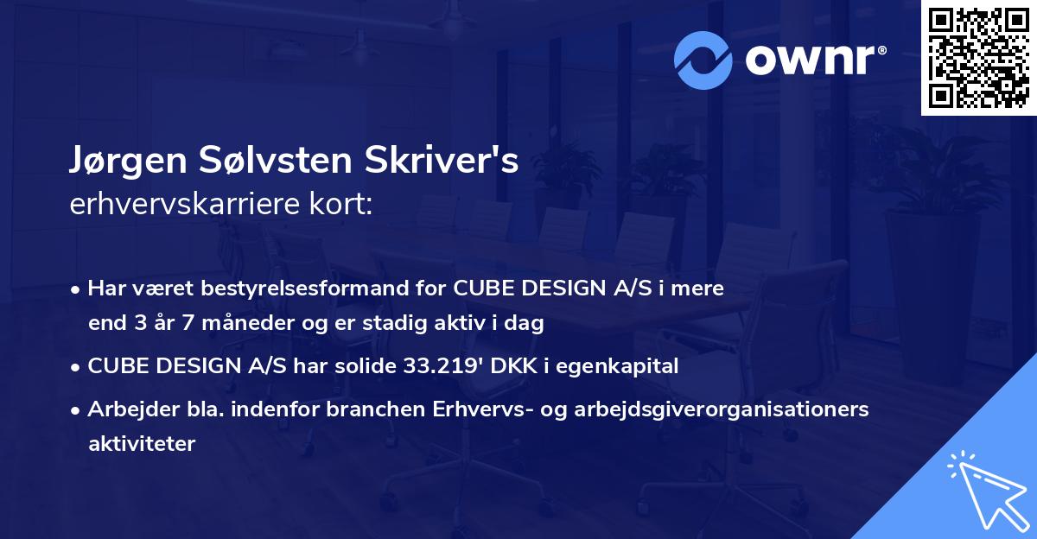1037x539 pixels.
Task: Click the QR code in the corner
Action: coord(977,58)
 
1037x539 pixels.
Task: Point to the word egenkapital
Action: coord(628,366)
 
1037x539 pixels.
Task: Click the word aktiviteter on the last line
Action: coord(142,444)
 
